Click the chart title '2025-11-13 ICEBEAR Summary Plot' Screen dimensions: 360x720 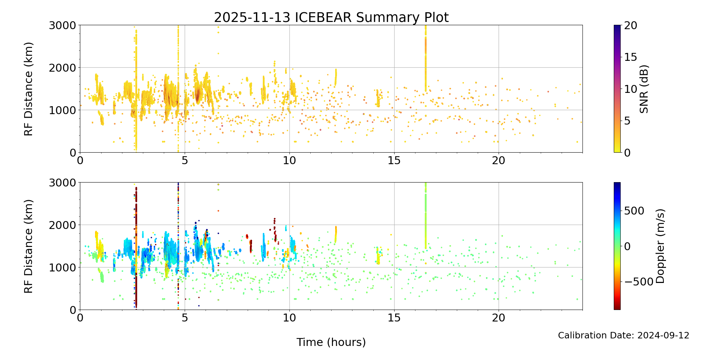(331, 17)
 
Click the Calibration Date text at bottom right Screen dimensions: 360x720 (624, 336)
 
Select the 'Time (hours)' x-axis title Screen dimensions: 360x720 (331, 342)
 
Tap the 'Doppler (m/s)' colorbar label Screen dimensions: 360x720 (660, 246)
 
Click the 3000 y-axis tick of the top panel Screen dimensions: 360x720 (63, 25)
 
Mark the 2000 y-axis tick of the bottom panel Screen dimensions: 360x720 (63, 225)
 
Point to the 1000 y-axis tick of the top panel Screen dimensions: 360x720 (63, 110)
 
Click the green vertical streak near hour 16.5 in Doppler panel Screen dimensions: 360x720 (426, 216)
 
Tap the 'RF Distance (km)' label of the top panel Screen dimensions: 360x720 (29, 89)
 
